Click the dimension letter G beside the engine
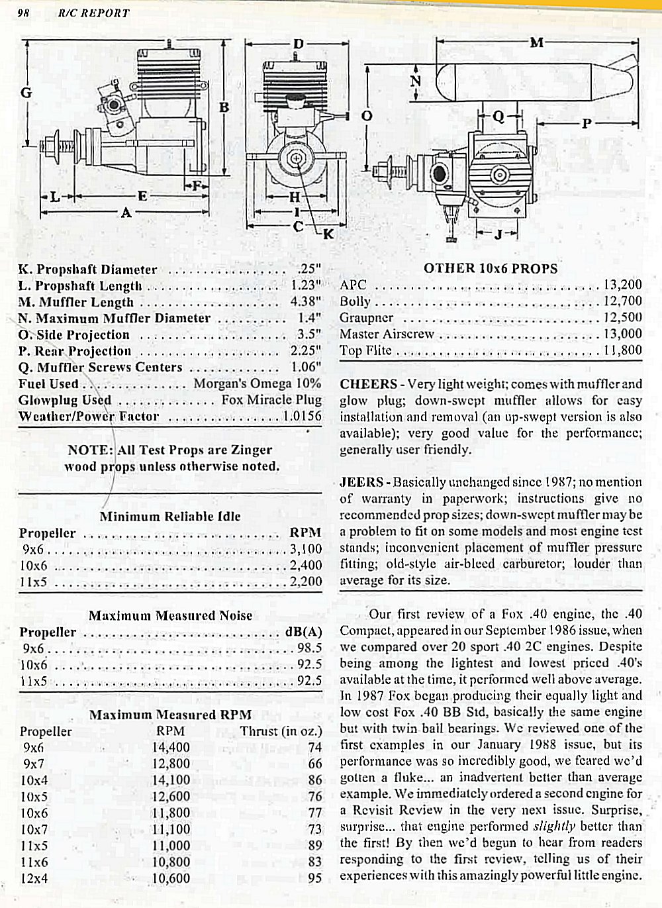[26, 92]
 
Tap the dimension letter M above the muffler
[537, 42]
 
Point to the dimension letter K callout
[328, 233]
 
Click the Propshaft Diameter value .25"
[309, 269]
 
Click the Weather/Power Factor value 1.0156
[302, 416]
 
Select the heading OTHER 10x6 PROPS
[491, 268]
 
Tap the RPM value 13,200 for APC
[622, 285]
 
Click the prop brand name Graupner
[366, 317]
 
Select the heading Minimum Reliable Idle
[170, 516]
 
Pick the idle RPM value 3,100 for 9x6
[306, 548]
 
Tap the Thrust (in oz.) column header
[281, 731]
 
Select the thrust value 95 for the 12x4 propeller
[314, 878]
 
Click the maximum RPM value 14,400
[171, 748]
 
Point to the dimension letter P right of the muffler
[587, 123]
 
